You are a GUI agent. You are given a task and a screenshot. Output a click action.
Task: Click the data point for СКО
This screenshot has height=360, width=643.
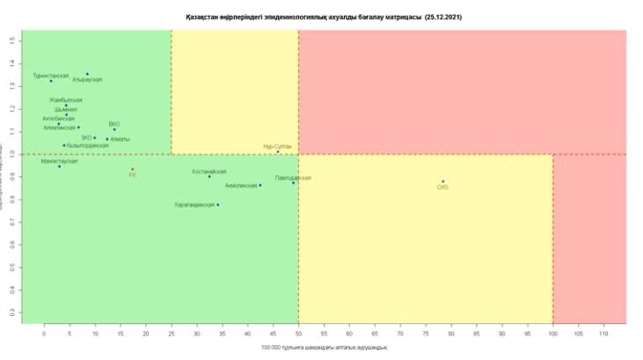point(443,181)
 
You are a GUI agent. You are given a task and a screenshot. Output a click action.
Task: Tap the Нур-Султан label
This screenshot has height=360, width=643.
point(277,146)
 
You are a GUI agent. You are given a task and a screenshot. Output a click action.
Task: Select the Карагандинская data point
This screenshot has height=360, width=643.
point(218,204)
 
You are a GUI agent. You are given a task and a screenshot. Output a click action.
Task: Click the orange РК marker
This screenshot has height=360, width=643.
point(133,169)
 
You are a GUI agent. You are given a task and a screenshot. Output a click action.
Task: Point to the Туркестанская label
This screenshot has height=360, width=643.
point(51,76)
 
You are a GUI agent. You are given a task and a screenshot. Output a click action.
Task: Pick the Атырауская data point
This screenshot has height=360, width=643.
point(87,74)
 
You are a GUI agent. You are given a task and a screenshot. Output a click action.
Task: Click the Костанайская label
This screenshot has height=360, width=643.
point(209,172)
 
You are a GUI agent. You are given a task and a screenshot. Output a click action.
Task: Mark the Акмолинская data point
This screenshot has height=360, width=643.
point(260,185)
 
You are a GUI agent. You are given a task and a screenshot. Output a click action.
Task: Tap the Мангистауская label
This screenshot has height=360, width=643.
point(59,161)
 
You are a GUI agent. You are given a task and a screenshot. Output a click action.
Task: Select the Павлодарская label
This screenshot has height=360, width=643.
point(293,178)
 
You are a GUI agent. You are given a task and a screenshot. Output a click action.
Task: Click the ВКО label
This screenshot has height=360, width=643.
point(114,124)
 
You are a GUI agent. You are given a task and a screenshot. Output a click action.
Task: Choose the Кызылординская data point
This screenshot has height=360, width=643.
point(64,145)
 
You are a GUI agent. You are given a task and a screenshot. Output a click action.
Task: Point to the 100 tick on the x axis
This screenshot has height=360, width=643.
point(552,334)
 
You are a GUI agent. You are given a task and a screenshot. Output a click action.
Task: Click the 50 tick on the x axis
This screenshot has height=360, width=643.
point(298,334)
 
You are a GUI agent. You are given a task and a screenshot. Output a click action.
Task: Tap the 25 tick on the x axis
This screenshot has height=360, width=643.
point(172,334)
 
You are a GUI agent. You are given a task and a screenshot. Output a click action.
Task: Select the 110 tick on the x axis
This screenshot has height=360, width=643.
point(603,334)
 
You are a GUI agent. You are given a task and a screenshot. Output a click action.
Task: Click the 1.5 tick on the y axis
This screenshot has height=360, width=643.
point(12,40)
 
